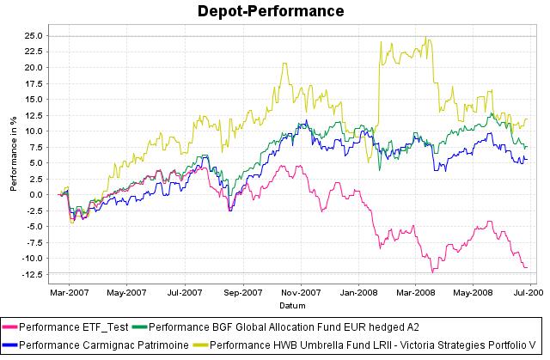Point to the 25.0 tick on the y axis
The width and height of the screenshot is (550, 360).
point(34,36)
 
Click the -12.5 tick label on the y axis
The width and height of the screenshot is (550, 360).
point(32,274)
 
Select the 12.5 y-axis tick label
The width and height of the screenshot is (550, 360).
point(34,115)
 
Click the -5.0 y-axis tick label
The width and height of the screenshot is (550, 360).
point(34,227)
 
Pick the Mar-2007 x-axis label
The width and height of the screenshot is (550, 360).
point(66,292)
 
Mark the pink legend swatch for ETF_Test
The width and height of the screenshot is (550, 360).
point(10,327)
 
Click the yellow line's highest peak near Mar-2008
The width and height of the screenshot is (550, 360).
point(427,37)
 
